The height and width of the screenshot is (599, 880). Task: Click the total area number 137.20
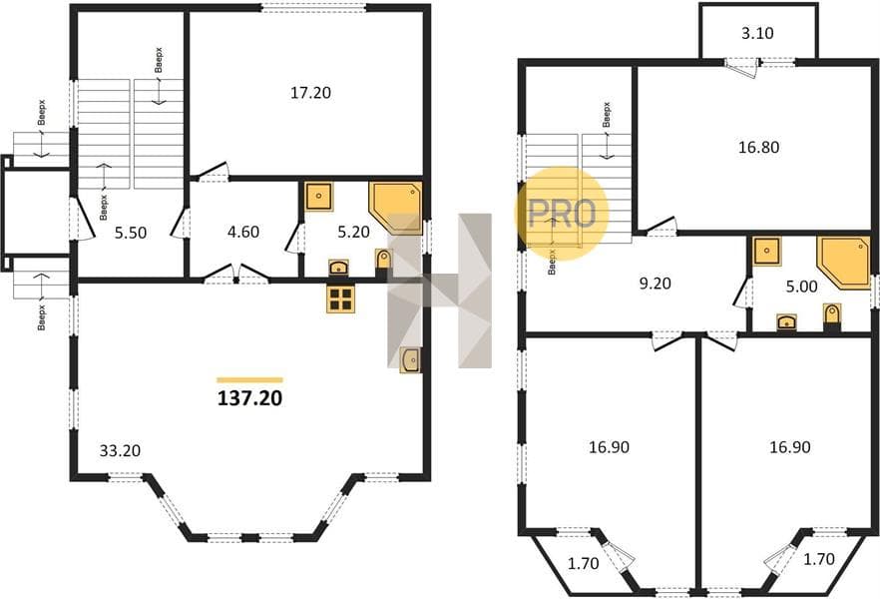coord(249,398)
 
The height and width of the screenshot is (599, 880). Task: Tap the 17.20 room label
coord(310,93)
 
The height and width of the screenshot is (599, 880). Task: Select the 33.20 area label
coord(120,450)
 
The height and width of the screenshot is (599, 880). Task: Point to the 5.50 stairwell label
coord(130,232)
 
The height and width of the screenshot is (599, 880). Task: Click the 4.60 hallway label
coord(243,232)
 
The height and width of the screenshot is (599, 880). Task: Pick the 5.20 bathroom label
coord(353,232)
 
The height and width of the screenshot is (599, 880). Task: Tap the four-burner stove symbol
coord(340,298)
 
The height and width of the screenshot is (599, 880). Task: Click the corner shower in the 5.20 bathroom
coord(395,208)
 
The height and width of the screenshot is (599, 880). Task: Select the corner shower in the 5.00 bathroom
coord(843,263)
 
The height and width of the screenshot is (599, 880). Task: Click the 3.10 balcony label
coord(757,33)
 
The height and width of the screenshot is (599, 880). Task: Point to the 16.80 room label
coord(758,147)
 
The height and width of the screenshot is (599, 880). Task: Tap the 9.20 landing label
coord(655,283)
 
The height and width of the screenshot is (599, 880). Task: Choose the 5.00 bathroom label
coord(801,287)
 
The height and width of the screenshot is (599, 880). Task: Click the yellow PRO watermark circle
coord(562,214)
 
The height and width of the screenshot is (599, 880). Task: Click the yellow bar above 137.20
coord(249,380)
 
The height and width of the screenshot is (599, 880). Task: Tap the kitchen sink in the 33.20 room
coord(410,359)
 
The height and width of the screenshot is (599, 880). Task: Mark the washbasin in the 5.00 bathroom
coord(786,322)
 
